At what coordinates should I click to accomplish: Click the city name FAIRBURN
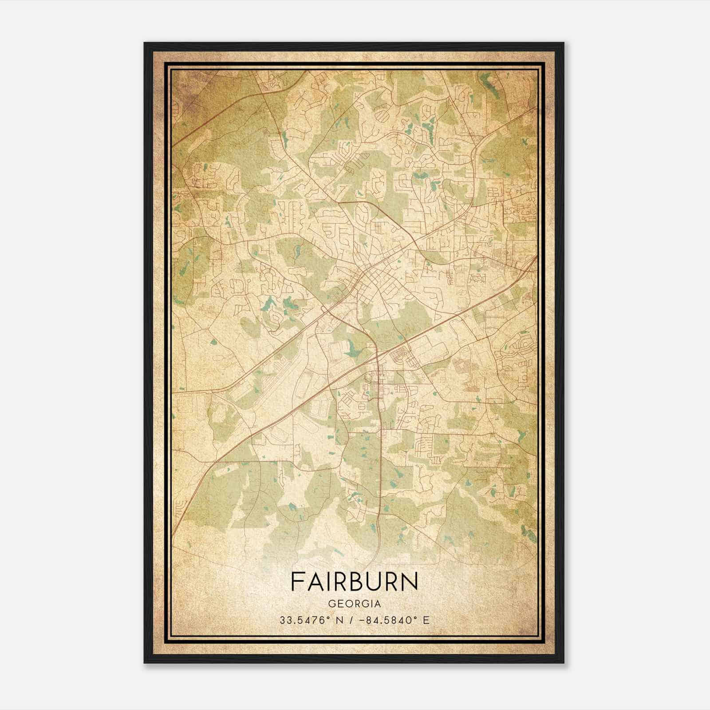pyautogui.click(x=354, y=581)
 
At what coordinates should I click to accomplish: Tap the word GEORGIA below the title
pyautogui.click(x=354, y=604)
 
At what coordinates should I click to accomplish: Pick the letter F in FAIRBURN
pyautogui.click(x=297, y=581)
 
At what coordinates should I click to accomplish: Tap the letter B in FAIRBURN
pyautogui.click(x=357, y=581)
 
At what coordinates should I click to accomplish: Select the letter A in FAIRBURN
pyautogui.click(x=315, y=581)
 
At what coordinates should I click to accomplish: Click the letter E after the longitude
pyautogui.click(x=426, y=620)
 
